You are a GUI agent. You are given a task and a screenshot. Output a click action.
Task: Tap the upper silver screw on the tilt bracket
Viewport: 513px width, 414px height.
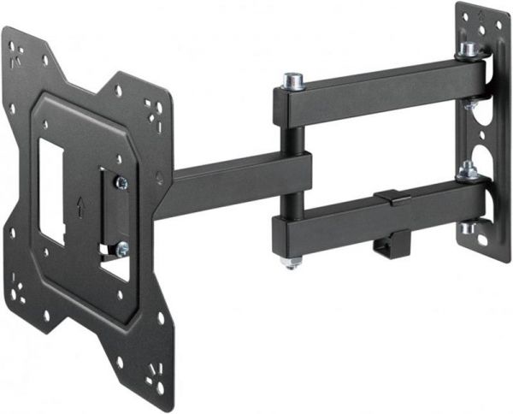121,181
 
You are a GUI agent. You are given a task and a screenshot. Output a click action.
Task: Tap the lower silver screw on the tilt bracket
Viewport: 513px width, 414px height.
121,249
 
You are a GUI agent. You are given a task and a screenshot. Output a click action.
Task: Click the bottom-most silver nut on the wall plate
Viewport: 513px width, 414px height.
469,228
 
